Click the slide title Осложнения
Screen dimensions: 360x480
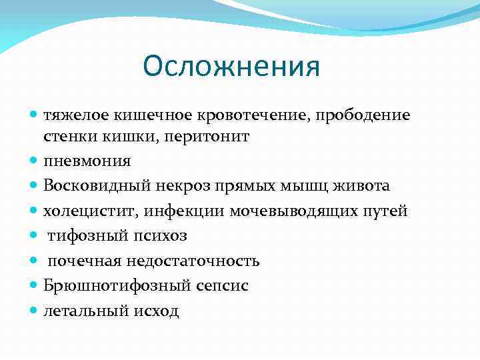pyautogui.click(x=231, y=67)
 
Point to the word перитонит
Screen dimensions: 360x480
pyautogui.click(x=211, y=136)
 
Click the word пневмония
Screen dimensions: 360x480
pyautogui.click(x=87, y=161)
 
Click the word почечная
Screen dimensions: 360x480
pyautogui.click(x=79, y=261)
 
